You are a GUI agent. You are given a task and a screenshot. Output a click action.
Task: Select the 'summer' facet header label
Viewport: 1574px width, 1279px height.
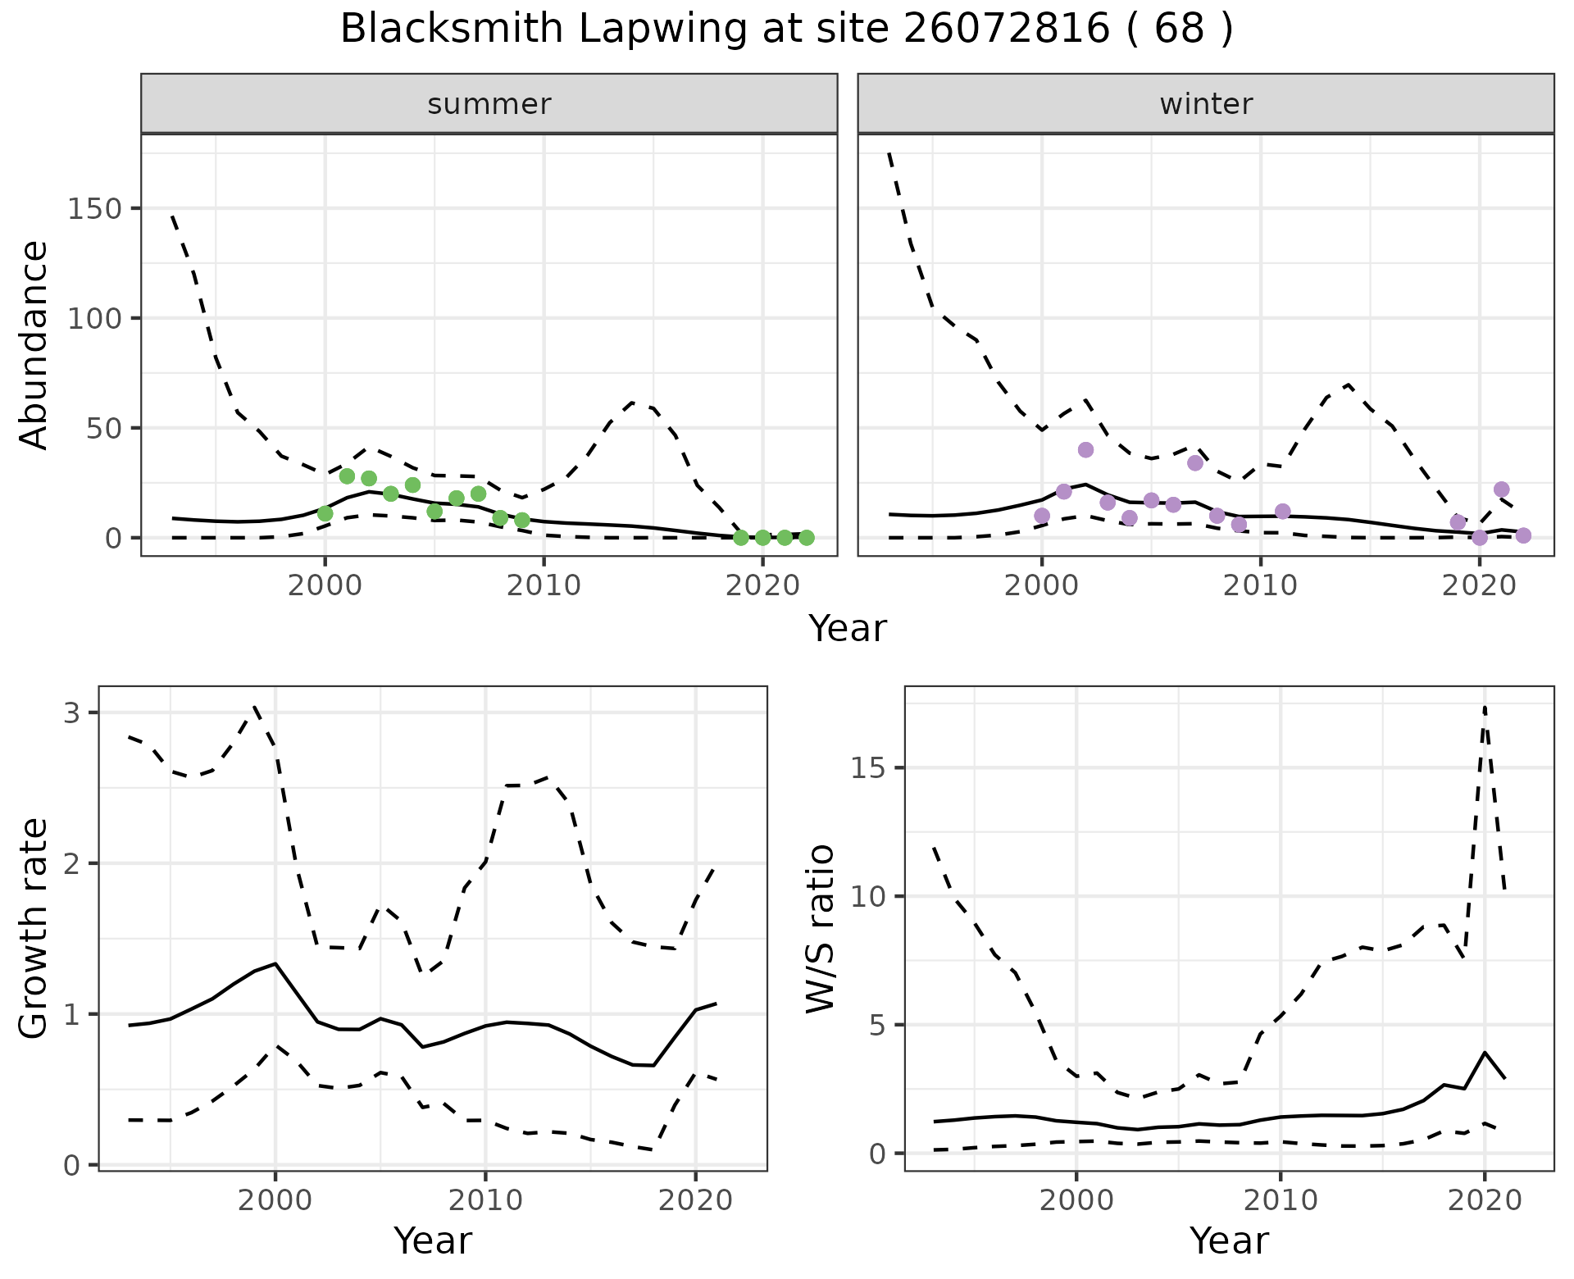[489, 104]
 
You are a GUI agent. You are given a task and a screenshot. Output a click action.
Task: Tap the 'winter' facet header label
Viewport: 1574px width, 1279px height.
[1206, 104]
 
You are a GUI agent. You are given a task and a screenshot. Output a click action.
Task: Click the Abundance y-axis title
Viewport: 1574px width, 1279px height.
[34, 344]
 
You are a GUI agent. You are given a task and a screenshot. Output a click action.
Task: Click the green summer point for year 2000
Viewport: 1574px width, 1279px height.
[325, 513]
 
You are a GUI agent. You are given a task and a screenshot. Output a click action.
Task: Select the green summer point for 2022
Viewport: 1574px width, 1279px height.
[806, 538]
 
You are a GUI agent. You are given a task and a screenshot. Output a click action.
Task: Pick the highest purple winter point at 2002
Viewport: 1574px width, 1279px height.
[1085, 449]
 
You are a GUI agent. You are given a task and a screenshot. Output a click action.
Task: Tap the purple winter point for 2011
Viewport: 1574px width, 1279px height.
[1283, 512]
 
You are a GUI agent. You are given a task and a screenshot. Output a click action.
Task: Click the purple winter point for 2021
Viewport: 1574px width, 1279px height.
[1502, 489]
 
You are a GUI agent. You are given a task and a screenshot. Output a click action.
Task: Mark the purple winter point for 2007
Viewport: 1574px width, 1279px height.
[1195, 462]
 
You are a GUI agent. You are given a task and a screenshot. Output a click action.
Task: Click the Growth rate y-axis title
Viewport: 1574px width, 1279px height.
[34, 930]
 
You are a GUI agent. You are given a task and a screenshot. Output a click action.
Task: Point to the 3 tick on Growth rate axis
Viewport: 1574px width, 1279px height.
[72, 712]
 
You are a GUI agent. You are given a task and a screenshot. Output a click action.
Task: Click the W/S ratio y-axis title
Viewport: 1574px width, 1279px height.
[821, 928]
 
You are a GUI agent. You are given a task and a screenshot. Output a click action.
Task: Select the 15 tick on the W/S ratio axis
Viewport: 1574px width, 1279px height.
[871, 768]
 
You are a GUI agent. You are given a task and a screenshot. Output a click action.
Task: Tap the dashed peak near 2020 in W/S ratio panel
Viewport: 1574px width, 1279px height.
[1485, 706]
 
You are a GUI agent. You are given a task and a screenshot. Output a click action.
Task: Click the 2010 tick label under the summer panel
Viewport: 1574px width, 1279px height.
[544, 585]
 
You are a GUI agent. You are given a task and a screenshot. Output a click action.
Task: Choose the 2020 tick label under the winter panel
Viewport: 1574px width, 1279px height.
[1479, 585]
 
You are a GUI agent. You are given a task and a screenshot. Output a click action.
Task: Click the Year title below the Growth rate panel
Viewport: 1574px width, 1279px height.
[433, 1240]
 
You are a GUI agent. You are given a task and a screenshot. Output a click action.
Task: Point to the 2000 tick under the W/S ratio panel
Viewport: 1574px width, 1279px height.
[1076, 1201]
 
